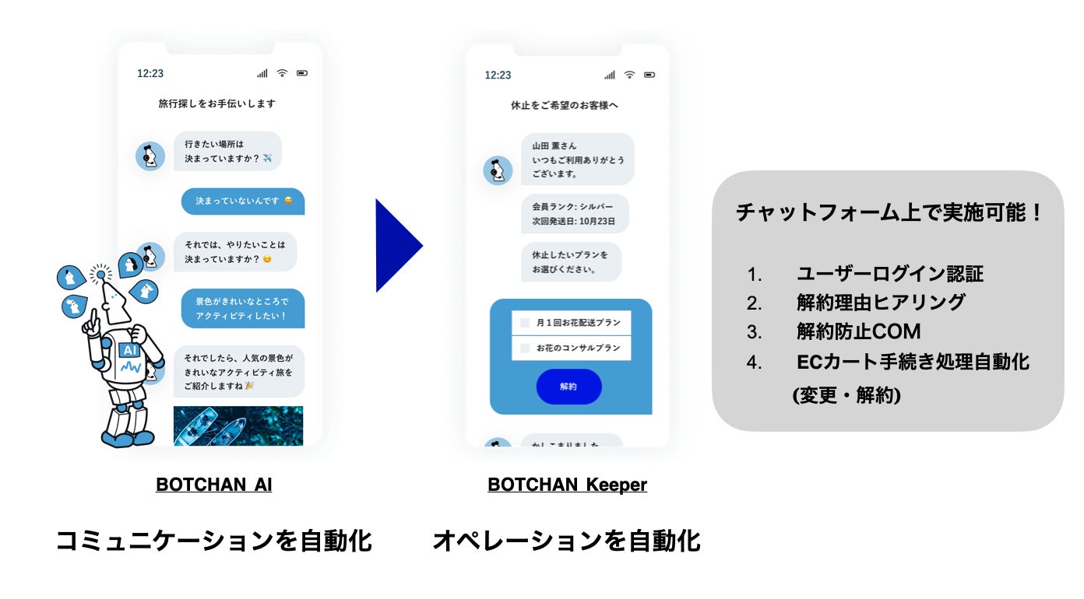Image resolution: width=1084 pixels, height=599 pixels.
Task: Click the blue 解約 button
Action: pyautogui.click(x=568, y=387)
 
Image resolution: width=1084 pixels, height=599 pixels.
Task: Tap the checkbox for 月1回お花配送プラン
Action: pyautogui.click(x=525, y=322)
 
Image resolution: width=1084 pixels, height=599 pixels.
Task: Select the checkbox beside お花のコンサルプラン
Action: pyautogui.click(x=525, y=348)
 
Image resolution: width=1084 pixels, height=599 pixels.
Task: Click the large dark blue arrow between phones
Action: pyautogui.click(x=397, y=246)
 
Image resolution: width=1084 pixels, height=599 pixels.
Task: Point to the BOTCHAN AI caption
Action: pyautogui.click(x=213, y=485)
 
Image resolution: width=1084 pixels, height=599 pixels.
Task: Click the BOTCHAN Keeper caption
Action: pyautogui.click(x=567, y=485)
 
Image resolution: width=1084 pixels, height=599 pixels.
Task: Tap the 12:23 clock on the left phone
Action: pyautogui.click(x=150, y=73)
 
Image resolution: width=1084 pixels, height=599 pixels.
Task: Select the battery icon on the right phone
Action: pyautogui.click(x=649, y=75)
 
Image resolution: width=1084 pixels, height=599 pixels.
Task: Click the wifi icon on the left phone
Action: pyautogui.click(x=282, y=73)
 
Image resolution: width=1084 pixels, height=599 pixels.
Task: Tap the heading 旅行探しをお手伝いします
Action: pyautogui.click(x=216, y=103)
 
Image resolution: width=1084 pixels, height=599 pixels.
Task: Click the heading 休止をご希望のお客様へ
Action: pyautogui.click(x=565, y=105)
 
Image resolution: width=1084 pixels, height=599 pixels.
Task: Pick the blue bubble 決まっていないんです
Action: pyautogui.click(x=243, y=201)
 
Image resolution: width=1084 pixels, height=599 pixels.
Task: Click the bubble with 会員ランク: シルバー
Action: pyautogui.click(x=574, y=214)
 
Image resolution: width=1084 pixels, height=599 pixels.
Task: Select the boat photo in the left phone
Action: pyautogui.click(x=238, y=426)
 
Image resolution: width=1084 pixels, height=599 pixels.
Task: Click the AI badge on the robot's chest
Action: pyautogui.click(x=129, y=351)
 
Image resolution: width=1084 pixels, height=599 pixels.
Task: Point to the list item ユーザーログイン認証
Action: pyautogui.click(x=889, y=274)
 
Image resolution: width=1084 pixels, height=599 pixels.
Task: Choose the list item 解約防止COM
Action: pyautogui.click(x=858, y=331)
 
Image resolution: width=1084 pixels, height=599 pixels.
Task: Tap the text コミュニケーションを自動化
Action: pyautogui.click(x=213, y=541)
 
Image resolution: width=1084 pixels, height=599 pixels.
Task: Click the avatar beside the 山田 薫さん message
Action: pyautogui.click(x=498, y=170)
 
